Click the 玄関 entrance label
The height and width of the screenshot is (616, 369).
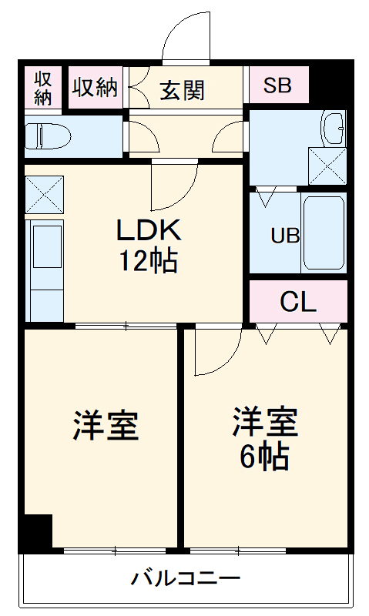[183, 90]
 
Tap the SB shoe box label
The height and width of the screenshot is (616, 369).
[277, 85]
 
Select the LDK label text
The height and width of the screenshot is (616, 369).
[148, 230]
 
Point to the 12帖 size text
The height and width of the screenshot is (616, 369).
[148, 262]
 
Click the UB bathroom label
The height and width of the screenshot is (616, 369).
[284, 236]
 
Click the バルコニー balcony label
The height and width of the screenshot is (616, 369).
[185, 577]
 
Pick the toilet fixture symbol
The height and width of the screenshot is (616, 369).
[48, 136]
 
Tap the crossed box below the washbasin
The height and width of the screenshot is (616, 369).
[327, 164]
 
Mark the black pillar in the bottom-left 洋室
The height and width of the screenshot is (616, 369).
[35, 533]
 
